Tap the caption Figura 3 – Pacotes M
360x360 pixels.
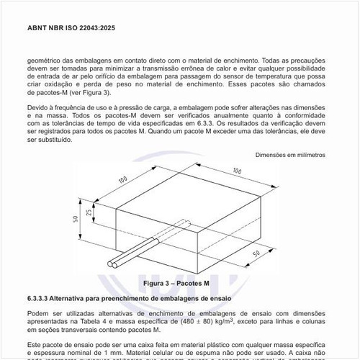pyautogui.click(x=176, y=283)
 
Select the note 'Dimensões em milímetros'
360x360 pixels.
pyautogui.click(x=290, y=155)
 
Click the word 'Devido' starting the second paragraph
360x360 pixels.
pyautogui.click(x=40, y=108)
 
